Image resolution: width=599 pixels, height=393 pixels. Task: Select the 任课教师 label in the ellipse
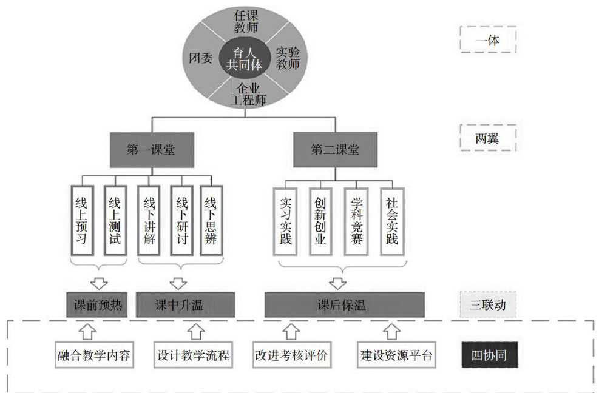(x=246, y=21)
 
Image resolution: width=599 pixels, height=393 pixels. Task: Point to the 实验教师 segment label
(x=288, y=58)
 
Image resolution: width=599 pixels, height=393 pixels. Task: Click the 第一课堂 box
(x=151, y=150)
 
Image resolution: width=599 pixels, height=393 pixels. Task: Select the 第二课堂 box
(x=334, y=150)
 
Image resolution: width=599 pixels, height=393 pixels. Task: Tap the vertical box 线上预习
(x=82, y=220)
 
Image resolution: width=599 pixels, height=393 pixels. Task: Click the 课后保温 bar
(x=343, y=304)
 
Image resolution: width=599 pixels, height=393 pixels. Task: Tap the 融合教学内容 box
(x=94, y=355)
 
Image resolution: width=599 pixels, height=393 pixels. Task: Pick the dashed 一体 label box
(x=487, y=41)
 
